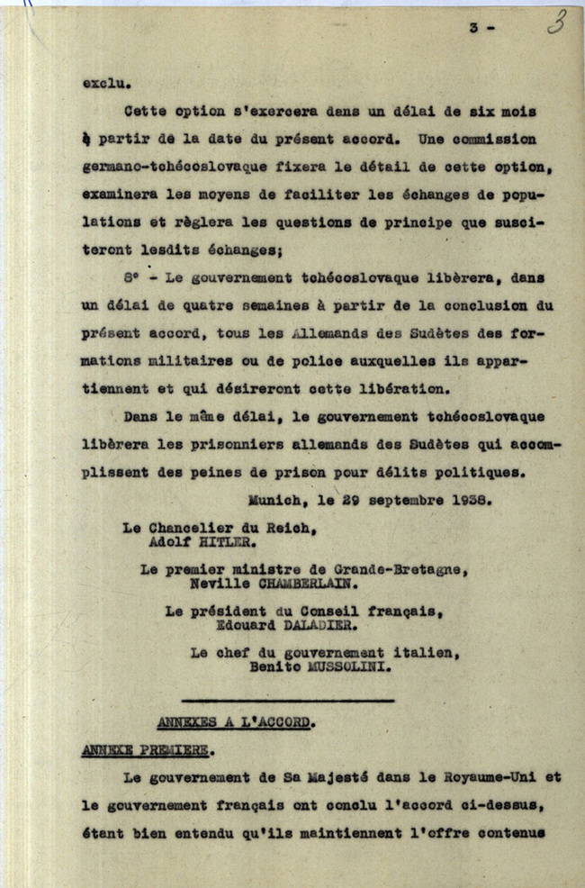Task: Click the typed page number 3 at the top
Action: pyautogui.click(x=473, y=29)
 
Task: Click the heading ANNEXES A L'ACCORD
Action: pyautogui.click(x=236, y=722)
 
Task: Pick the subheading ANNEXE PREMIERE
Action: pyautogui.click(x=145, y=749)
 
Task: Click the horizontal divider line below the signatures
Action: pyautogui.click(x=287, y=699)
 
